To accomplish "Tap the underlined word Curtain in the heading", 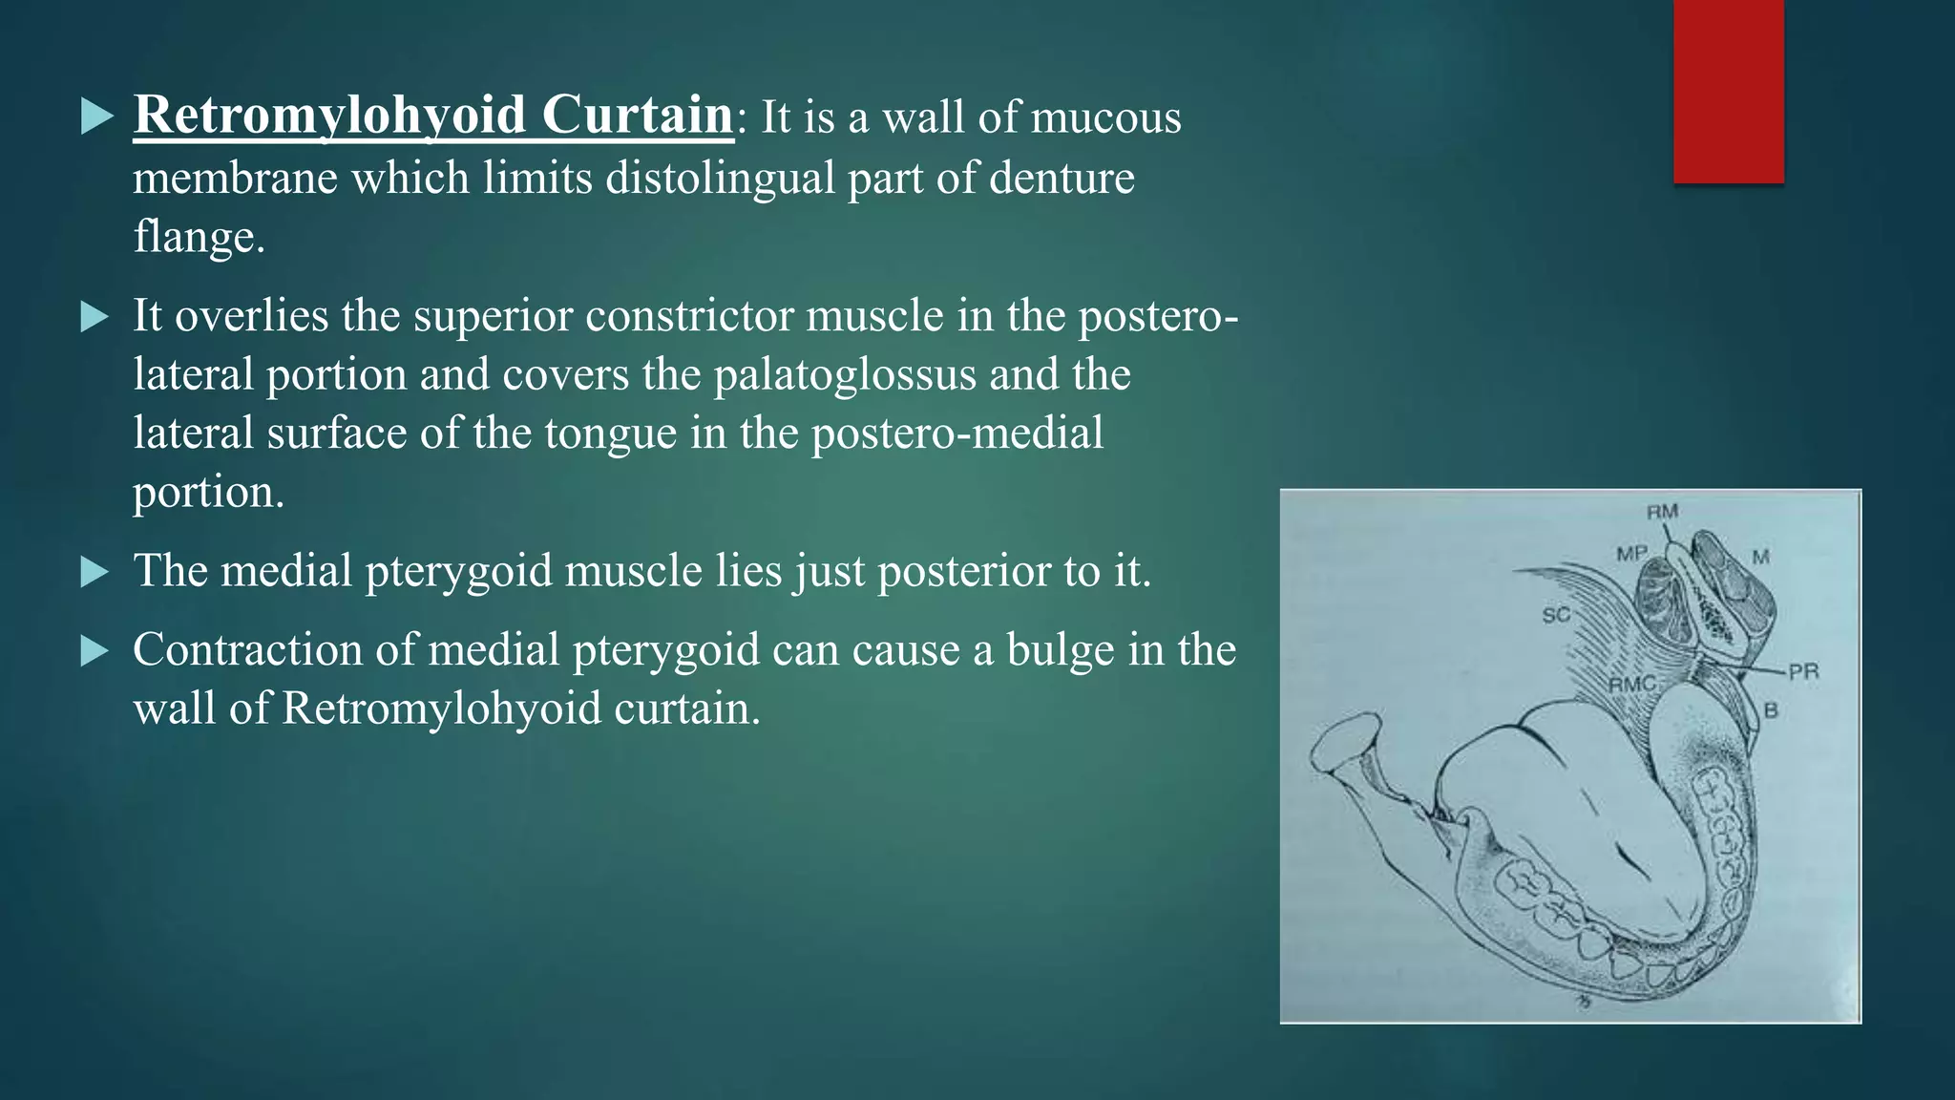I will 637,116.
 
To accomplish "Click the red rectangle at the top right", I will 1728,92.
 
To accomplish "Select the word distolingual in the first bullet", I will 720,179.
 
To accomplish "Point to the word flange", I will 198,237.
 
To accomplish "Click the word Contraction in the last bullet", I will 247,650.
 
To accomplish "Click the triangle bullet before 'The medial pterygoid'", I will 95,572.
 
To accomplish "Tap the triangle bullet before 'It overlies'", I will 95,317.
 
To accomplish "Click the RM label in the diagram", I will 1662,512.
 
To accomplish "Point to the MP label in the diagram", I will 1631,553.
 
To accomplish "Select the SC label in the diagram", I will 1556,616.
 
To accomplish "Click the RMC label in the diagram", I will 1631,685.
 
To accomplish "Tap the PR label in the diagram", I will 1803,671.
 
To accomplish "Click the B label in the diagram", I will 1771,710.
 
